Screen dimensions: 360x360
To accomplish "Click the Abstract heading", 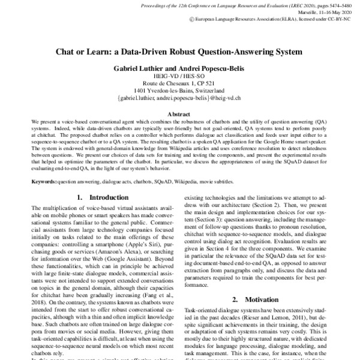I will (x=180, y=113).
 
